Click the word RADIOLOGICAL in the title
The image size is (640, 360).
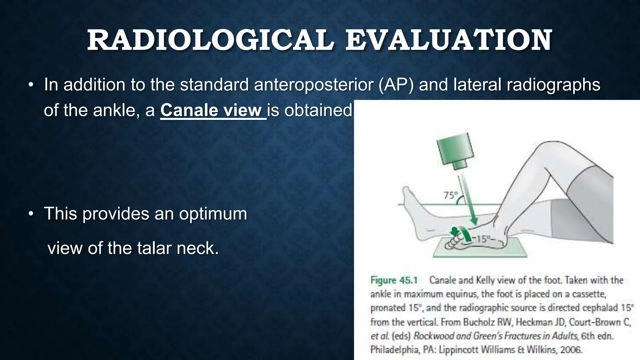210,41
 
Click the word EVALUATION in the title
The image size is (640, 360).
448,41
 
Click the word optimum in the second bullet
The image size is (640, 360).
213,214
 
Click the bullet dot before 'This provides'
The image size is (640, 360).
31,214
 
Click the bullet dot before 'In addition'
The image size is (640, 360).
31,85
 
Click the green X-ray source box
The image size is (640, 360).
455,153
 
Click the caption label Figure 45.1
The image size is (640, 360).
394,280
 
